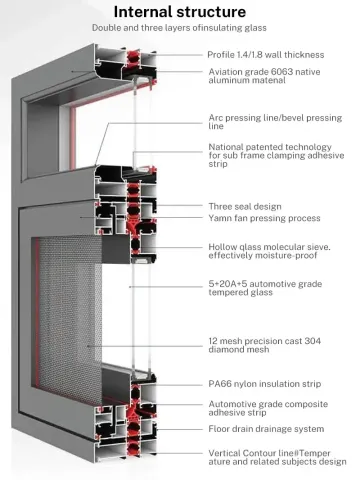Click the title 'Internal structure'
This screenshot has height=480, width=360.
coord(181,13)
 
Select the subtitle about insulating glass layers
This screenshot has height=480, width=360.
coord(181,30)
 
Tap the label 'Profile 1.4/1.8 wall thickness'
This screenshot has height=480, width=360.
coord(265,54)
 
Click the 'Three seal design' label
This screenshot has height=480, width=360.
coord(245,205)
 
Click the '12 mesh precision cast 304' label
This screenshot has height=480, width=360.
coord(265,345)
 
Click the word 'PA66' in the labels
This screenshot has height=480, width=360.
coord(219,385)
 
